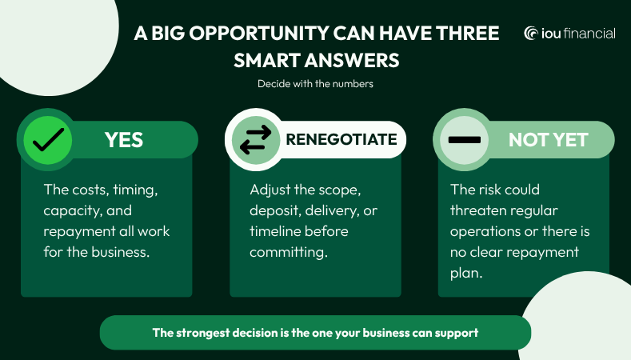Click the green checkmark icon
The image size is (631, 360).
click(48, 140)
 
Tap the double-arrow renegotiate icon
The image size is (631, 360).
click(256, 140)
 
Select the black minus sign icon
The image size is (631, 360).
click(465, 140)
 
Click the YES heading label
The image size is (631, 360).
click(124, 140)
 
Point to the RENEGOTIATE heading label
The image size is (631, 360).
click(341, 139)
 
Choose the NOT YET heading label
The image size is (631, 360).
click(548, 140)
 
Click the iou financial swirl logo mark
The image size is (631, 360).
click(531, 33)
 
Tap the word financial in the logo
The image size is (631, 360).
click(589, 33)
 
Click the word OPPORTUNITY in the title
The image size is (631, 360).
click(259, 33)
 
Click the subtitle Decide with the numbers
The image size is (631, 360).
click(315, 84)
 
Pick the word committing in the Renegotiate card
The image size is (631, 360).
click(288, 253)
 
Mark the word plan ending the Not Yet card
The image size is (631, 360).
click(466, 274)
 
